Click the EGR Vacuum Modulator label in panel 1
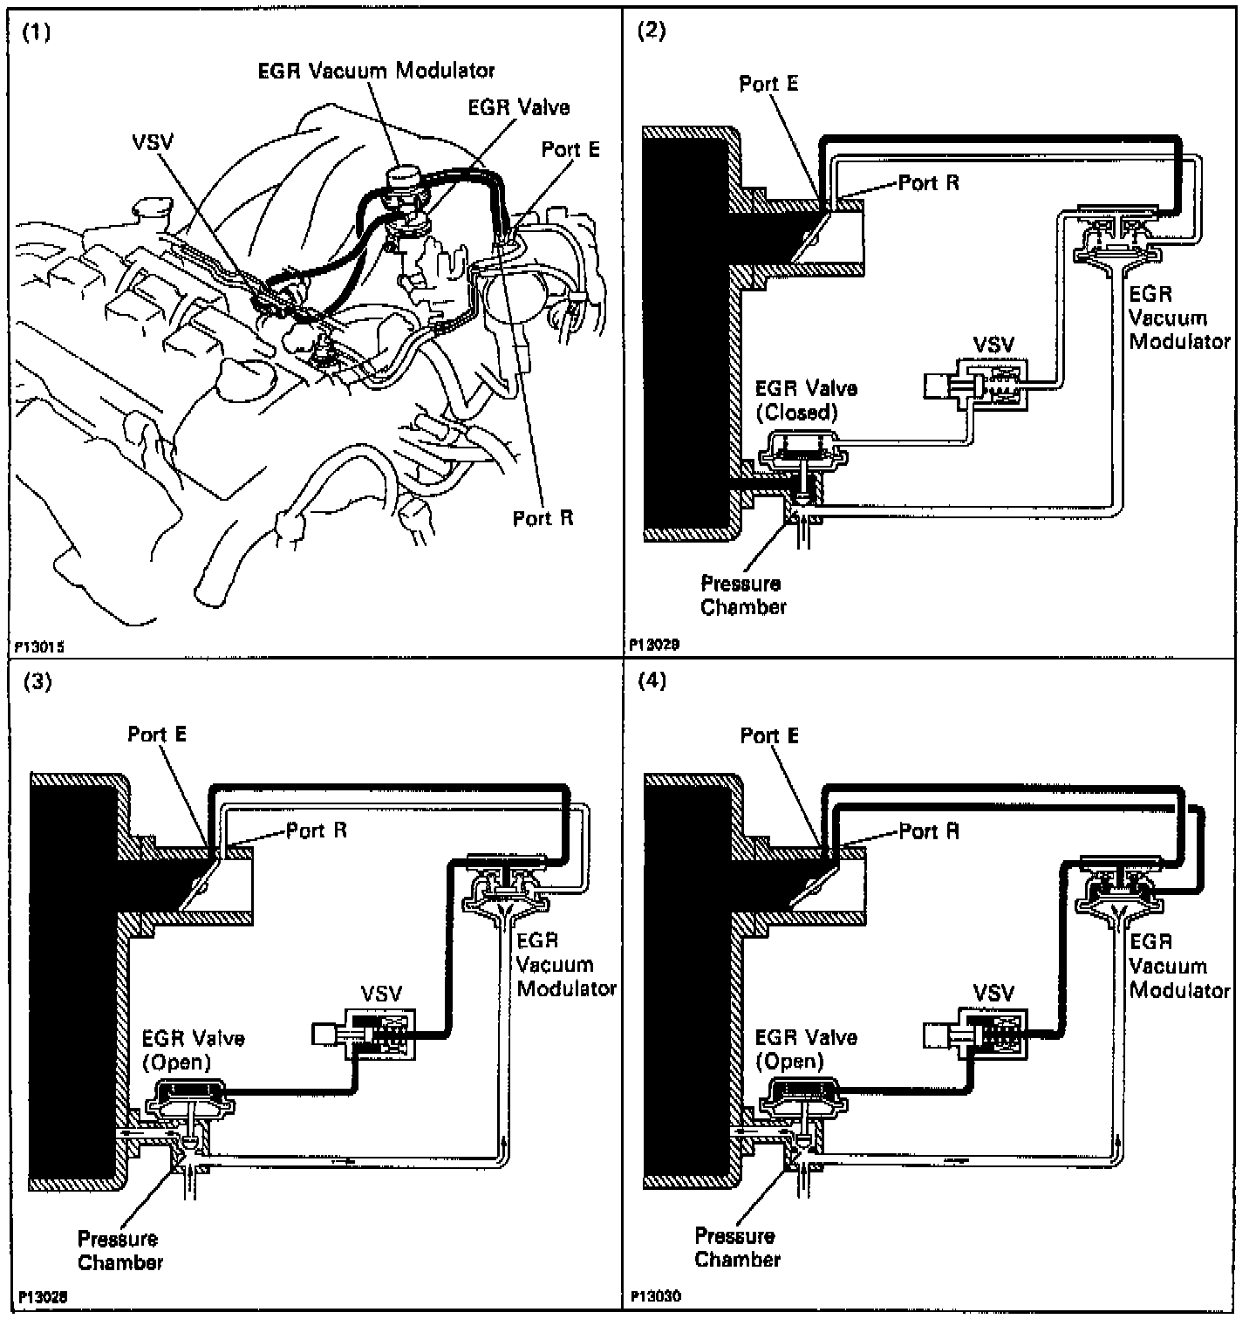[376, 70]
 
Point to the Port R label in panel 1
[543, 518]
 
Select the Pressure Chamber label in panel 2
[742, 595]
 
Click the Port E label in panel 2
[768, 84]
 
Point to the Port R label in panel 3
[317, 830]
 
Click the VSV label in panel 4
[993, 993]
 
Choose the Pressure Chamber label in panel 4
[737, 1247]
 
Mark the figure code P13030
[654, 1296]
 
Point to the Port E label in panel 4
[769, 735]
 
